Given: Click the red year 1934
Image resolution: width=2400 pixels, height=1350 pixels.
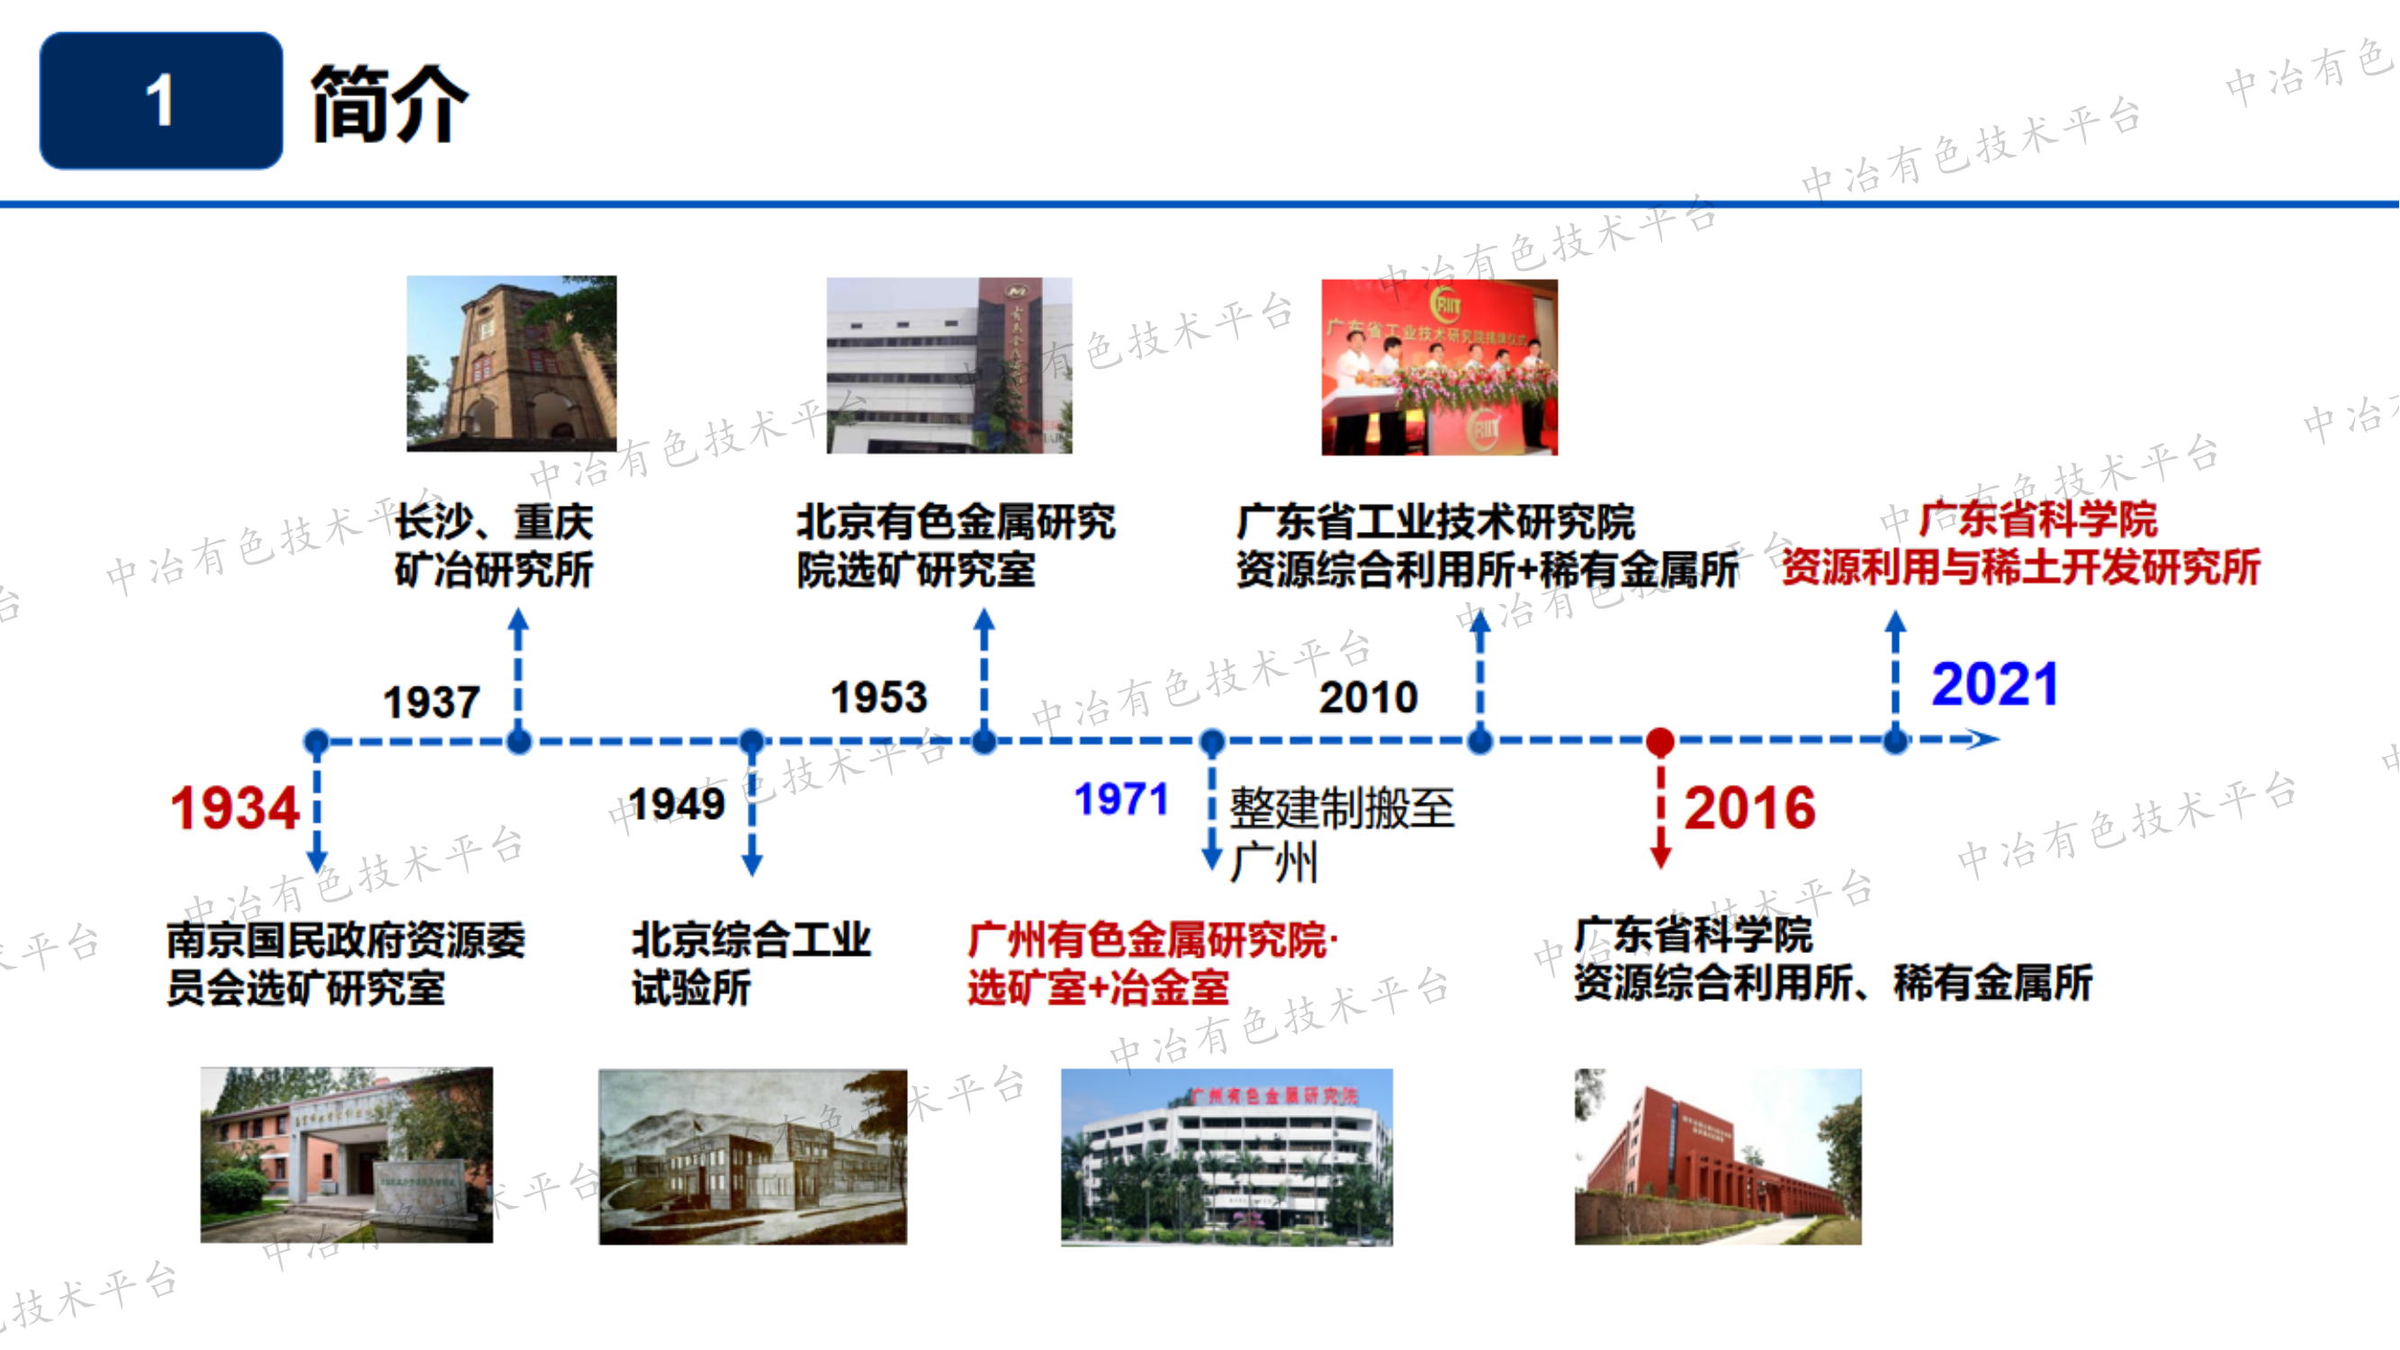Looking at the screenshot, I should click(x=234, y=808).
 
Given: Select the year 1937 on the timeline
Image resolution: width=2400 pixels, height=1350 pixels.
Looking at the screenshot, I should click(x=431, y=702).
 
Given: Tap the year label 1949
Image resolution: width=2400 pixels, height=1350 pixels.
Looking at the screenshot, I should click(x=677, y=804).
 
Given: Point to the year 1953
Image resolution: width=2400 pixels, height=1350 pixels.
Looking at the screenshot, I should click(x=878, y=697).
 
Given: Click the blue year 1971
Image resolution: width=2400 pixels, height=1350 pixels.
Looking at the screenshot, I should click(x=1120, y=799).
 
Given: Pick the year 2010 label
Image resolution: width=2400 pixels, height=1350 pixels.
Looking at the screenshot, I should click(x=1368, y=697).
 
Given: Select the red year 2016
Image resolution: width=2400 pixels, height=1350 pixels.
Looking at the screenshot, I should click(x=1748, y=808).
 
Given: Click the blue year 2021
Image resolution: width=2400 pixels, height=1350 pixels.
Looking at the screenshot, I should click(x=1994, y=685).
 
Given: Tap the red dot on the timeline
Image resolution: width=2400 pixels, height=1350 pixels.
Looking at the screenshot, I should click(x=1660, y=742).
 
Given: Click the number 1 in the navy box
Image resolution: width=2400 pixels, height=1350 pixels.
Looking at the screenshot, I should click(x=160, y=101).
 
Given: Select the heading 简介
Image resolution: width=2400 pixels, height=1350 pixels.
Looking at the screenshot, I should click(x=390, y=103).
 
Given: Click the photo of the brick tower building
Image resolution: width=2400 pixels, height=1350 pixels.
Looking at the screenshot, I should click(x=511, y=364).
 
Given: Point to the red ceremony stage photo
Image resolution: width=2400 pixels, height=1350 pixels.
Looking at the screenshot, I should click(x=1439, y=367).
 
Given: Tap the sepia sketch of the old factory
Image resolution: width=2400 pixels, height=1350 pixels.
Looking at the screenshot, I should click(x=752, y=1156).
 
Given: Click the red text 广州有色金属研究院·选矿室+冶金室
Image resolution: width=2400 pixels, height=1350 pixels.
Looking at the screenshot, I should click(x=1152, y=963).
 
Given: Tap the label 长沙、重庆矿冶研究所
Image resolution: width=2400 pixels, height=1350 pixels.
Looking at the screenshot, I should click(x=494, y=546).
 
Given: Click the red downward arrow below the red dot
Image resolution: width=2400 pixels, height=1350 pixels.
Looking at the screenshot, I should click(x=1660, y=820).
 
